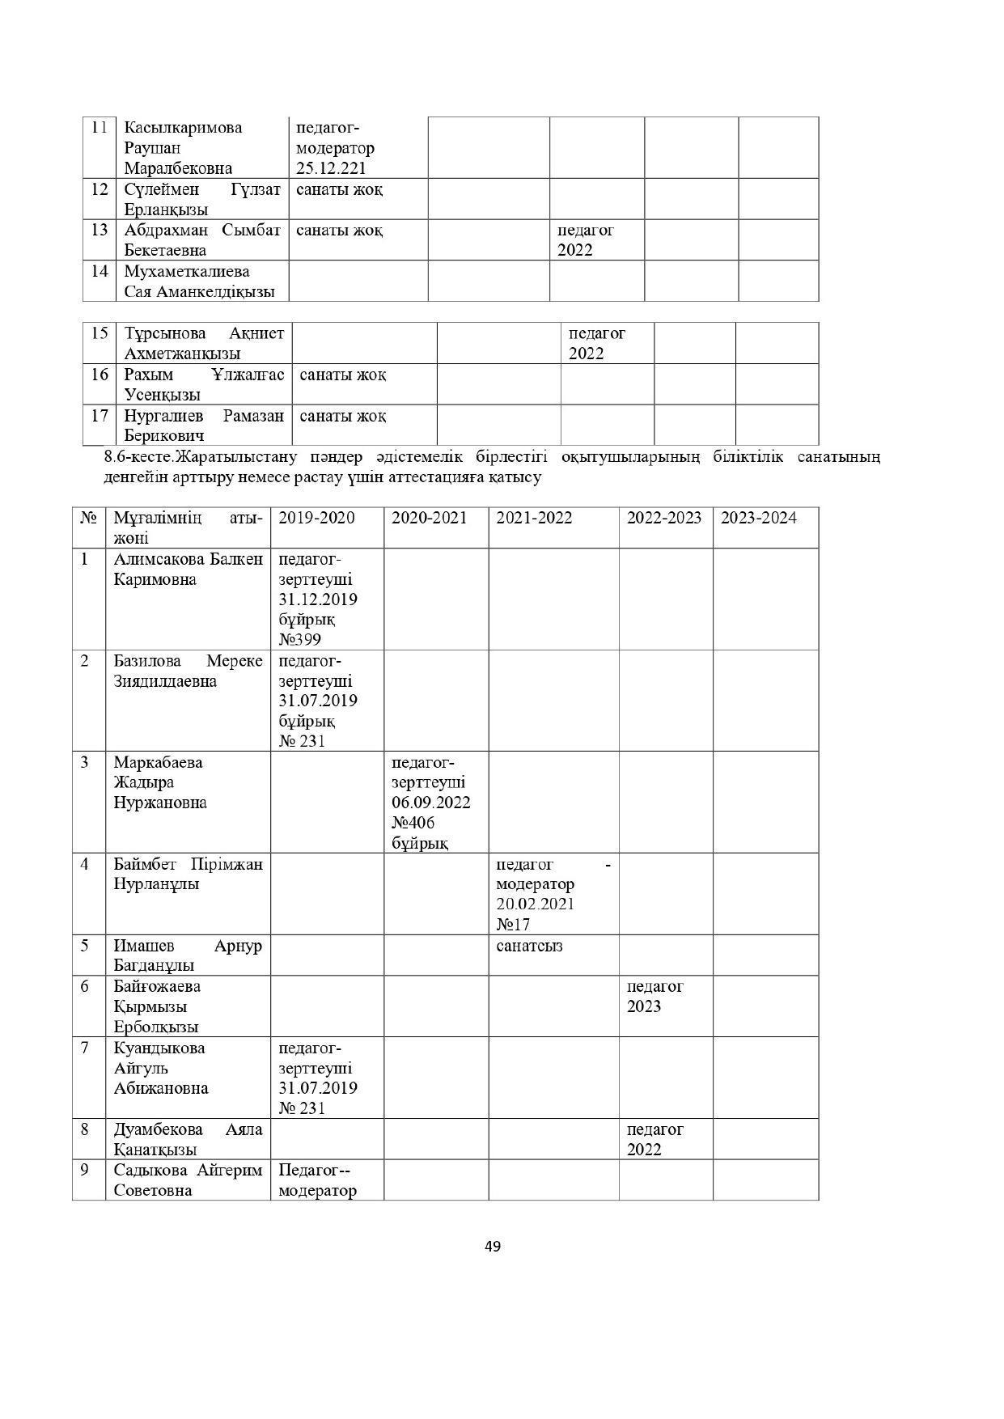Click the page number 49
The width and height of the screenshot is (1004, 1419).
point(492,1246)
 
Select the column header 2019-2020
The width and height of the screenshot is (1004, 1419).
point(316,518)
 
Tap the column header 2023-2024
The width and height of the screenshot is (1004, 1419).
point(758,518)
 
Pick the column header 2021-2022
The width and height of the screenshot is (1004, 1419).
point(534,518)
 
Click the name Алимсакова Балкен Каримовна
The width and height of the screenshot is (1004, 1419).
point(188,570)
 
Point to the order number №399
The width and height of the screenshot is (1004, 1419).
point(299,640)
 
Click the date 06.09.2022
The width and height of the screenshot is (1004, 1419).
point(431,803)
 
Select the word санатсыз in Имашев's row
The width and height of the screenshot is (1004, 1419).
point(529,946)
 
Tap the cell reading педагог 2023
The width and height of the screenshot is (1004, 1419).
point(655,997)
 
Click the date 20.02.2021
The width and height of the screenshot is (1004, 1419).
point(535,904)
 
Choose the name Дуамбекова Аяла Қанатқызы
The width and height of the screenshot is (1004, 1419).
point(188,1139)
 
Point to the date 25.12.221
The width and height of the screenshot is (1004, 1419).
point(331,168)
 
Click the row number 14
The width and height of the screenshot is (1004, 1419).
point(99,271)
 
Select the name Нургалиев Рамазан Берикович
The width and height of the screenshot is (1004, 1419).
point(203,426)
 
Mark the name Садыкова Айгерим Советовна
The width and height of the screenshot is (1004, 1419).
point(188,1180)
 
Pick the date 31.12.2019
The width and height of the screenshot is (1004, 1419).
point(318,599)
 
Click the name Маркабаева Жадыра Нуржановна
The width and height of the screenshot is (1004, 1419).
point(160,782)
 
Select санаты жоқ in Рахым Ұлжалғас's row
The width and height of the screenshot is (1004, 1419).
point(343,375)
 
